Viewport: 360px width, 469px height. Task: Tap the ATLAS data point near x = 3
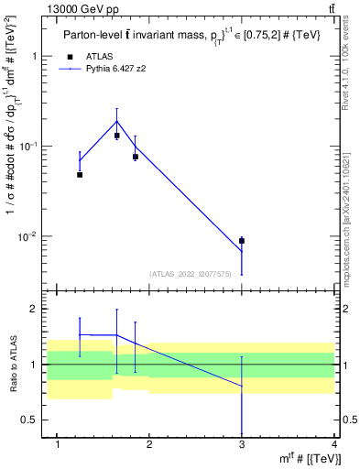pos(242,241)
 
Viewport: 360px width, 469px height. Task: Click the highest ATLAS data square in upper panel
pos(117,136)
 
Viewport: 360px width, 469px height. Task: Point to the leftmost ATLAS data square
pos(80,174)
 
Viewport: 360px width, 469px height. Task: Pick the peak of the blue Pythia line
pos(117,121)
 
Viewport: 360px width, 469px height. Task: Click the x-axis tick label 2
pos(149,445)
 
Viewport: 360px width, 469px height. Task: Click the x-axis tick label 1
pos(58,445)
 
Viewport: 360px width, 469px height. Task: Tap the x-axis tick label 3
pos(242,445)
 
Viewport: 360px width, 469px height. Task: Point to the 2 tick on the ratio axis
pos(38,309)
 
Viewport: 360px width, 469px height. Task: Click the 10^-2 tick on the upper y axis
pos(29,236)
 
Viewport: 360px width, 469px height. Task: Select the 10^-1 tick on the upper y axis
pos(29,147)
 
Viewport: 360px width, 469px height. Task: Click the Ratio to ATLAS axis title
pos(12,365)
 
